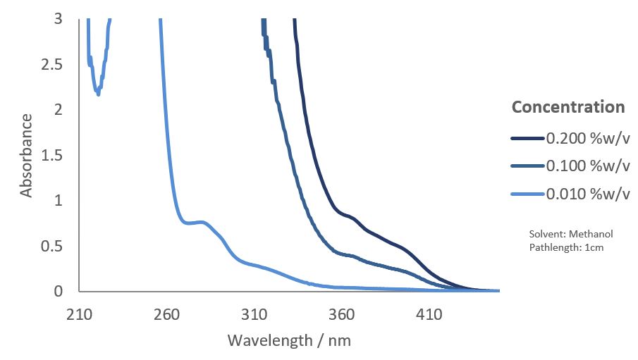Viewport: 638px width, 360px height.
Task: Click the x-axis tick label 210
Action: tap(79, 314)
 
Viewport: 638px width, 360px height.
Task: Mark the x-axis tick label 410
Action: tap(429, 314)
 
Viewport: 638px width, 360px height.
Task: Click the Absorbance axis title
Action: tap(26, 155)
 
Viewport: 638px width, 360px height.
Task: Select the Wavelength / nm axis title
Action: tap(289, 341)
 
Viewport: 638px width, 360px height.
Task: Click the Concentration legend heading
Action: tap(568, 107)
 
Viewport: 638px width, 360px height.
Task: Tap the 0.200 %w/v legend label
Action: tap(587, 138)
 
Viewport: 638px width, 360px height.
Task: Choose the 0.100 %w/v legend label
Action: tap(587, 166)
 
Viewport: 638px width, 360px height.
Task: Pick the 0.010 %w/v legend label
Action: tap(587, 194)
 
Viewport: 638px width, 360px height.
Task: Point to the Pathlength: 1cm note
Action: tap(565, 247)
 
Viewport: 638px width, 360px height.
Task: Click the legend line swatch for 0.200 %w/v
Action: tap(527, 138)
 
